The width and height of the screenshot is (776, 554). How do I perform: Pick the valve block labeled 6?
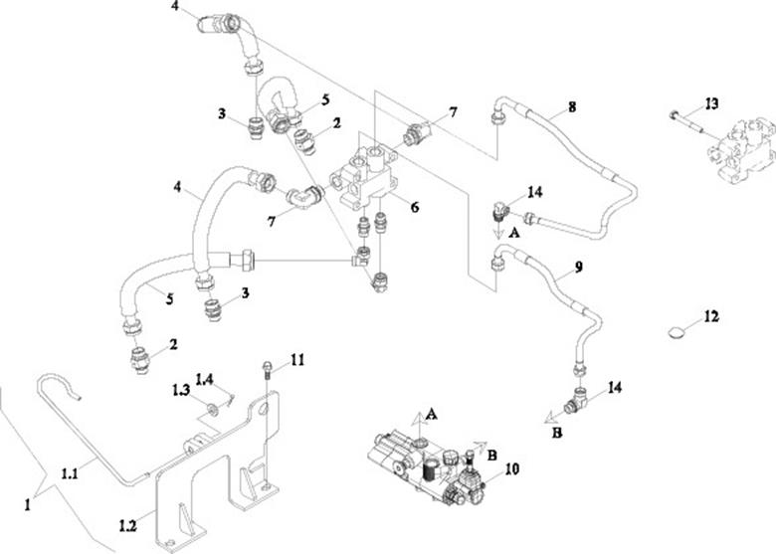(x=362, y=176)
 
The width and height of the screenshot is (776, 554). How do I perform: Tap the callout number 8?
(x=571, y=104)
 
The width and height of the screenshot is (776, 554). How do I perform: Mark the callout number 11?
(x=297, y=358)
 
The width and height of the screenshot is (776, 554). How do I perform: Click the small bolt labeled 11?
(x=270, y=371)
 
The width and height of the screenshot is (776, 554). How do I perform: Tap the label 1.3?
(x=179, y=389)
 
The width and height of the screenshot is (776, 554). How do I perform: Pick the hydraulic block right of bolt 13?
(x=740, y=149)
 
